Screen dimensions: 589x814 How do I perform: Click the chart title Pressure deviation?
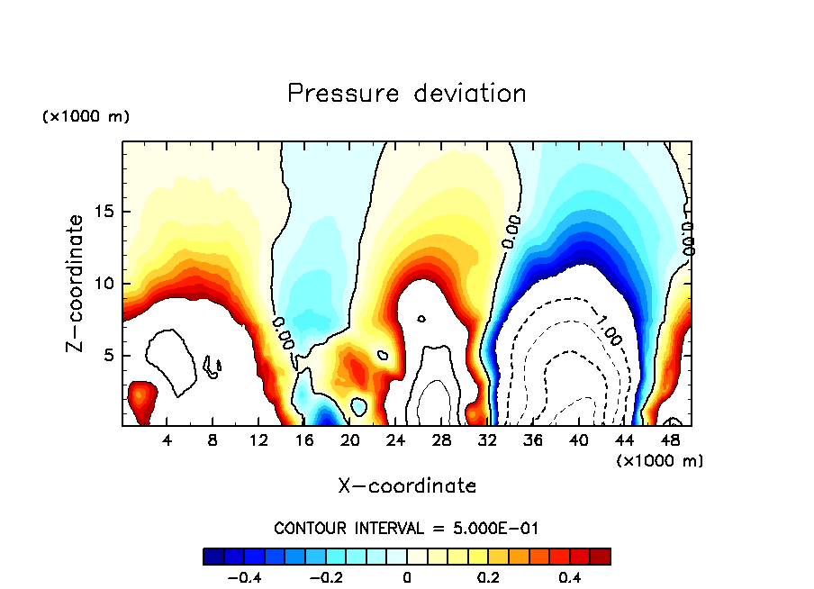pos(406,93)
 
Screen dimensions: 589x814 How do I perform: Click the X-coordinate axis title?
pos(407,486)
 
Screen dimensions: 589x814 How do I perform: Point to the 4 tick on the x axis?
pos(167,439)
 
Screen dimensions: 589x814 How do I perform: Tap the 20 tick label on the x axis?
pos(350,439)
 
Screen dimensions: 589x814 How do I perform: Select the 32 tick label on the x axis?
pos(487,439)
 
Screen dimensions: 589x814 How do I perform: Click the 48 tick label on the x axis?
pos(669,439)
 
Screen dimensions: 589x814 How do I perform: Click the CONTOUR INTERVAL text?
pos(406,528)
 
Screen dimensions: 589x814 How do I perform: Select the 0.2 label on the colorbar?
pos(488,576)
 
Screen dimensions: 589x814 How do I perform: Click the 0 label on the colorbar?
pos(407,576)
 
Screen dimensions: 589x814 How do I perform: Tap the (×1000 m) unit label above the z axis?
pos(86,117)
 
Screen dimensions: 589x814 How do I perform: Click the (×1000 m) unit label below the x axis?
pos(660,460)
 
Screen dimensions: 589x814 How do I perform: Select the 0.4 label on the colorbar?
pos(569,576)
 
